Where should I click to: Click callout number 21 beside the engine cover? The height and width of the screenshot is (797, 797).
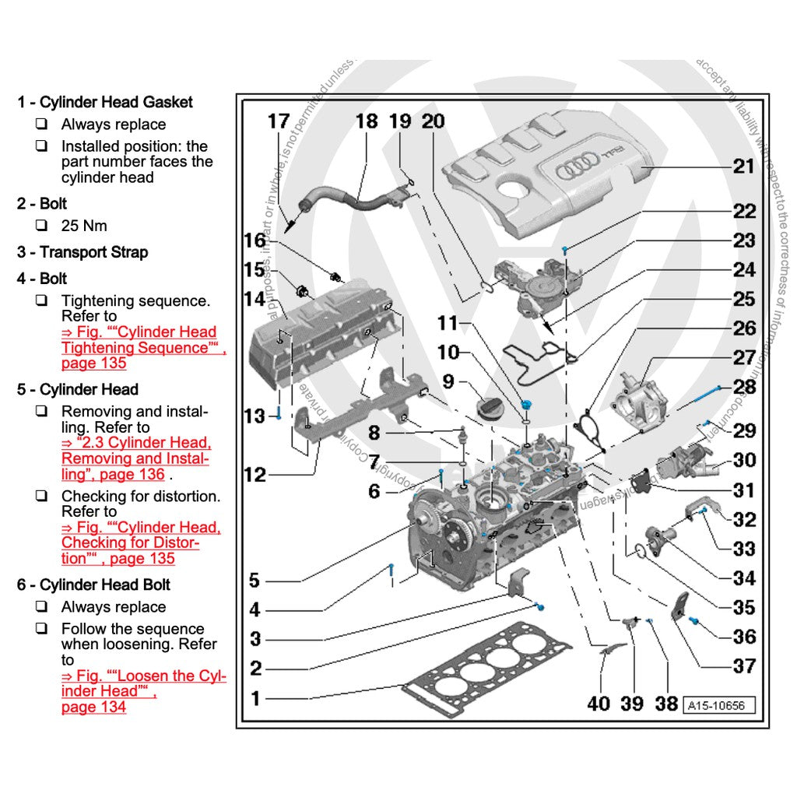coord(743,166)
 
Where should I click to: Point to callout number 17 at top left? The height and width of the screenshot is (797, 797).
coord(278,122)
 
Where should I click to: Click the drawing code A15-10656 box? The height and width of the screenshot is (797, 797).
coord(719,706)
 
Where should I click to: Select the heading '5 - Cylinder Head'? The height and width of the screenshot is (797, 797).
coord(78,389)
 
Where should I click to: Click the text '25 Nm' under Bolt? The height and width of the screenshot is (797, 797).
coord(84,226)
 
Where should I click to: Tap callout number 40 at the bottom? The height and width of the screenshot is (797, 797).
coord(598,703)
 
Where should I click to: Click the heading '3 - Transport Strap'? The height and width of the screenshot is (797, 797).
coord(83,252)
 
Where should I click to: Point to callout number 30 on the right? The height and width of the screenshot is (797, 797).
coord(744,460)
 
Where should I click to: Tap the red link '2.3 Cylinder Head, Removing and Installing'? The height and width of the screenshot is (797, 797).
coord(136,458)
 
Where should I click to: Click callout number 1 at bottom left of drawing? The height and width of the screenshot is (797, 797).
coord(256,698)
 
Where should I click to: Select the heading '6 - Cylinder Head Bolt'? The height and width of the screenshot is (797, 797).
coord(93,585)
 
